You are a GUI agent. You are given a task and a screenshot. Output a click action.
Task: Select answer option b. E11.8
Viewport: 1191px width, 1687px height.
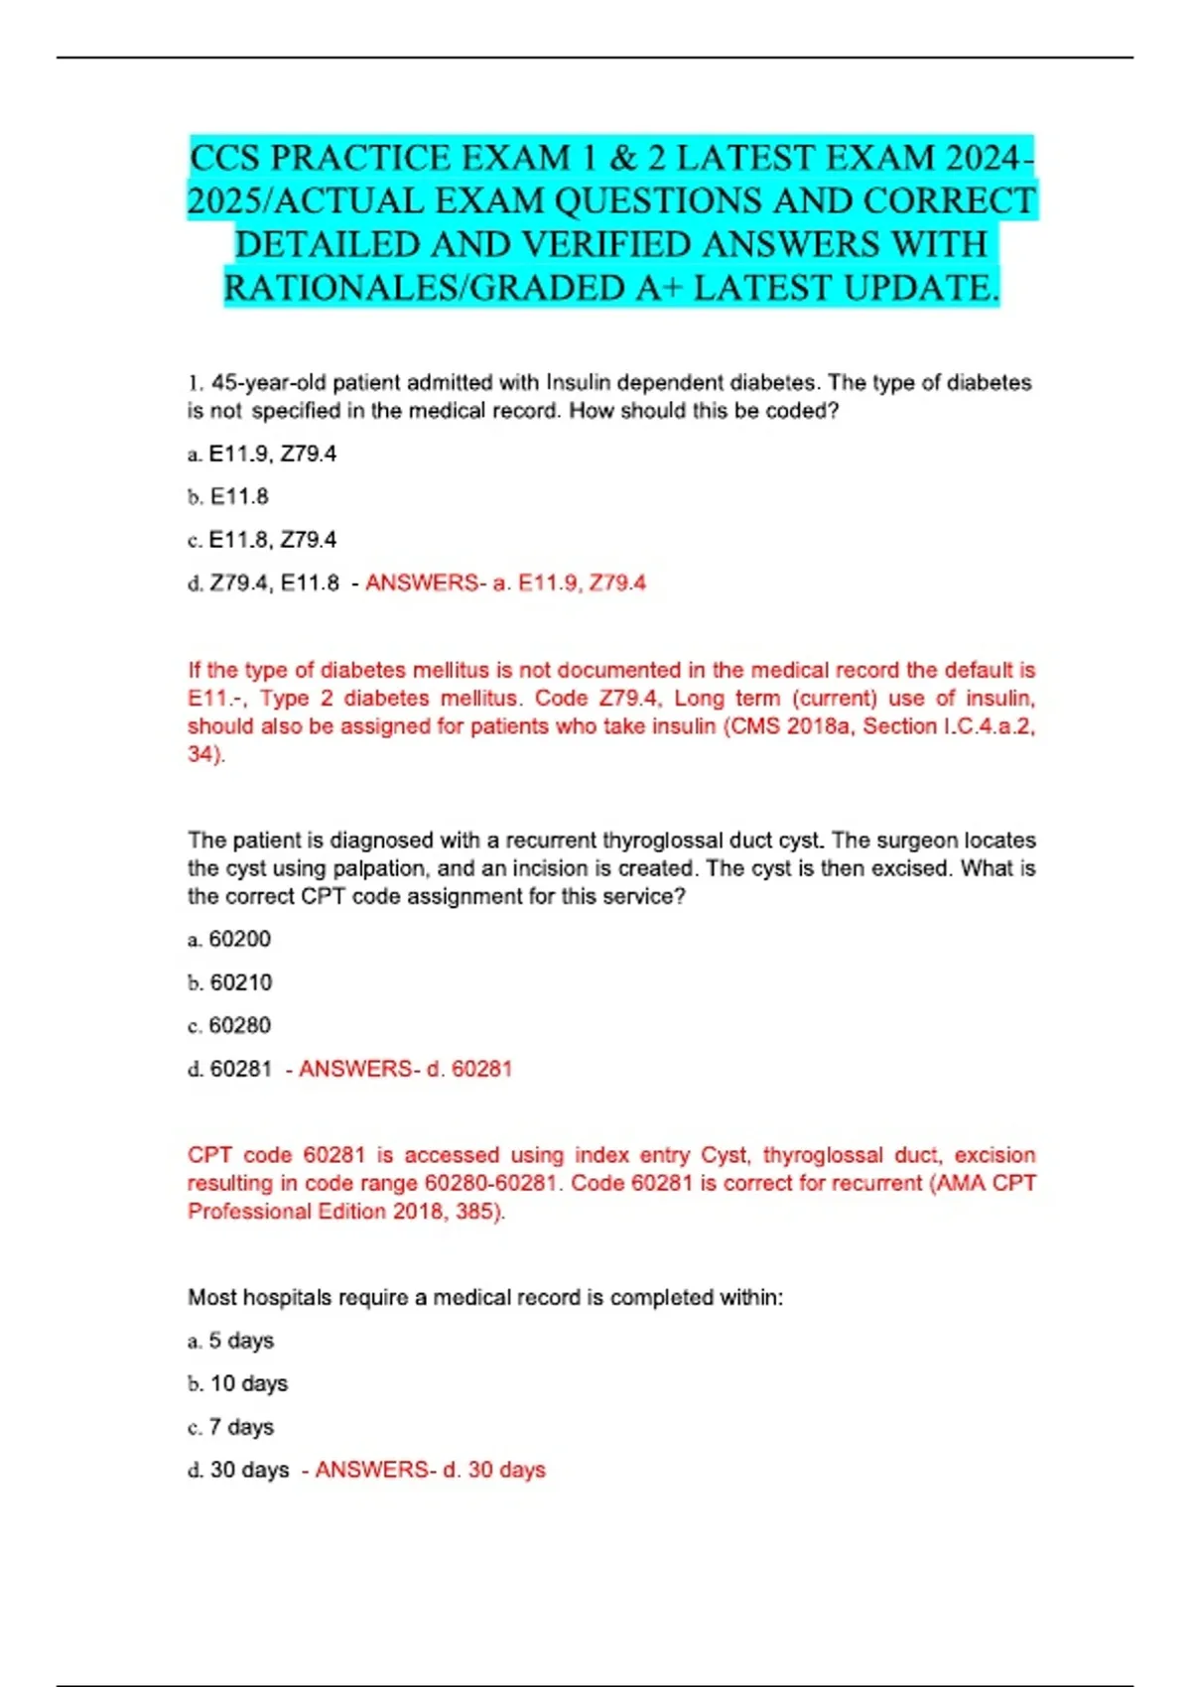[x=228, y=496]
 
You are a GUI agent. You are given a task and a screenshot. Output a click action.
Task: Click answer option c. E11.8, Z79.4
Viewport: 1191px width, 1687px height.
[x=262, y=540]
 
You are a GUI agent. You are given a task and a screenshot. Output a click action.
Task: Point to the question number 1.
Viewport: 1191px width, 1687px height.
[x=195, y=383]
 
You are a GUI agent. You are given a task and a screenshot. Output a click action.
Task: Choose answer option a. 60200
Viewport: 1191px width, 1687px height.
[x=229, y=939]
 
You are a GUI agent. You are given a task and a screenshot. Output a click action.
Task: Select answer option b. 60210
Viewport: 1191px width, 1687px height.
[x=229, y=982]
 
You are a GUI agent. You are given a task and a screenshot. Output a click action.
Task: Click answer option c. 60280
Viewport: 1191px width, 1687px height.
[x=229, y=1025]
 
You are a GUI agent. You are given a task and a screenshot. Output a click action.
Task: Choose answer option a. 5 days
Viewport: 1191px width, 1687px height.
[x=231, y=1341]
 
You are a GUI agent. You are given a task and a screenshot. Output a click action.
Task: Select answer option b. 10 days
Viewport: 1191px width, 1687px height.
[x=238, y=1383]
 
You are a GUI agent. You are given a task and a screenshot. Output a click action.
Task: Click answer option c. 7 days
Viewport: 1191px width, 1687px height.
[x=231, y=1427]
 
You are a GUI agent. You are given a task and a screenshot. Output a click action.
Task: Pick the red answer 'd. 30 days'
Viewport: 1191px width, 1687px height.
[x=494, y=1470]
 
